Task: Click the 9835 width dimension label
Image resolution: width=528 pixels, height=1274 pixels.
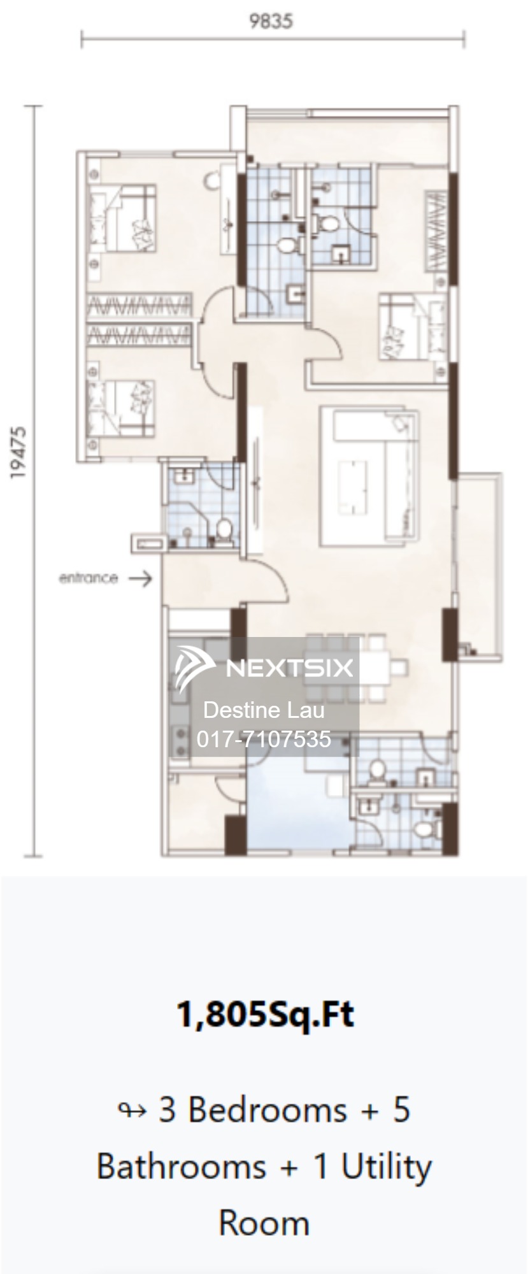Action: pyautogui.click(x=271, y=21)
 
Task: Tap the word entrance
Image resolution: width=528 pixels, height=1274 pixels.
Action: pyautogui.click(x=89, y=578)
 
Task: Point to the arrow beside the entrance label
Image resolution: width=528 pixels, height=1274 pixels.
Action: pyautogui.click(x=140, y=578)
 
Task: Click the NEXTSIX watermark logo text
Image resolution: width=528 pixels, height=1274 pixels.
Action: pyautogui.click(x=290, y=668)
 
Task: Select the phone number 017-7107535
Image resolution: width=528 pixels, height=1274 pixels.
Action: pyautogui.click(x=264, y=738)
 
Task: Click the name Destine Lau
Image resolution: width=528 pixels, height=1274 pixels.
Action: pyautogui.click(x=264, y=710)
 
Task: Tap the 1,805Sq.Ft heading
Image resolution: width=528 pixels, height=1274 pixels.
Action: pyautogui.click(x=264, y=1014)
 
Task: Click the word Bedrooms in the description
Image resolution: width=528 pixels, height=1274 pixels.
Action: pyautogui.click(x=267, y=1110)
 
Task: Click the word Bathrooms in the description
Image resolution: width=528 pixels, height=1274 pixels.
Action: pyautogui.click(x=181, y=1167)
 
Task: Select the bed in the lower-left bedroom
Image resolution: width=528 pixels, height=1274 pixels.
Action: pyautogui.click(x=121, y=408)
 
